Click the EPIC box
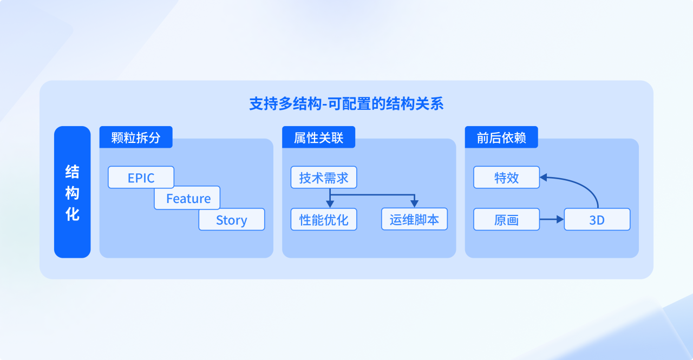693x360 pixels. (141, 178)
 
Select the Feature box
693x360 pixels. (187, 199)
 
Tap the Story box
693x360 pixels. (231, 220)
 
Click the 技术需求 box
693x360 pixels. (324, 178)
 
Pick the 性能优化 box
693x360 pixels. (324, 220)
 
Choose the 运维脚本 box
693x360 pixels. (414, 220)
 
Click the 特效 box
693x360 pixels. (506, 178)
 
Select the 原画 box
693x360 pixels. (506, 220)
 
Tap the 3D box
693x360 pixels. (597, 220)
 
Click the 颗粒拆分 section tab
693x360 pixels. (136, 138)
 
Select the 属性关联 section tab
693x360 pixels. (318, 138)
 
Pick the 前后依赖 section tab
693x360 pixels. (501, 138)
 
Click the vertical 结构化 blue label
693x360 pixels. (72, 192)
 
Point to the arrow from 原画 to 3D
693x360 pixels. (551, 219)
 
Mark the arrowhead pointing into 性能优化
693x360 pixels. (330, 204)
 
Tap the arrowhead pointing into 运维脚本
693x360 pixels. (414, 204)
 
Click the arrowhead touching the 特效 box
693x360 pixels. (544, 176)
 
